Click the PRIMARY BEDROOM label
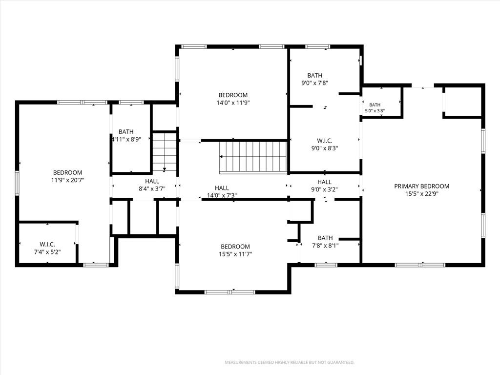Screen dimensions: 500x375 421,186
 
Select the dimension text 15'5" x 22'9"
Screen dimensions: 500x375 421,194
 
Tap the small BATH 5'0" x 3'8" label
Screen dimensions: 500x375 375,108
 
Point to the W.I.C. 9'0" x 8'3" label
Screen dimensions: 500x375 325,145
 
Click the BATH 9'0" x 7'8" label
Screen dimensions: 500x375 315,79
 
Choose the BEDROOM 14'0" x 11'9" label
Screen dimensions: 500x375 233,99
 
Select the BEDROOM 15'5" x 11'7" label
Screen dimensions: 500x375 235,250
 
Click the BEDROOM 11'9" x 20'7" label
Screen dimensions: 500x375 67,176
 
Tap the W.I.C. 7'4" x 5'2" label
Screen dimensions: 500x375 47,248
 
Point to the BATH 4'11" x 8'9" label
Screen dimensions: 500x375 126,135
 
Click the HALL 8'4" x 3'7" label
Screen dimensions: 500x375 152,185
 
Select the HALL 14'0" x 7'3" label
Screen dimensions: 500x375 222,191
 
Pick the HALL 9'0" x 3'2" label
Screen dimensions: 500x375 324,186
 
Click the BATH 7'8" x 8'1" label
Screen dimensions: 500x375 325,242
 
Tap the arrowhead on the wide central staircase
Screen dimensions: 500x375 221,157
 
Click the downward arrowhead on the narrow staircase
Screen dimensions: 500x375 164,169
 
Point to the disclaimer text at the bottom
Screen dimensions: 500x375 290,363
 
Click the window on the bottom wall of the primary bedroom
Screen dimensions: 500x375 420,265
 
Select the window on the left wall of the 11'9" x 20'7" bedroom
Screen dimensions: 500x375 17,183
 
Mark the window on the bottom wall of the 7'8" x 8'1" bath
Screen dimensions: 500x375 326,265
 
